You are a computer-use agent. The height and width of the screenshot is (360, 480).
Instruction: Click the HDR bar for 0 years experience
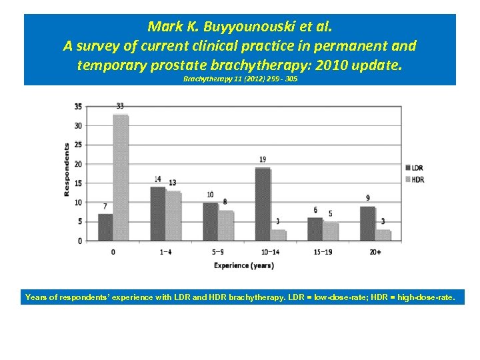tap(121, 177)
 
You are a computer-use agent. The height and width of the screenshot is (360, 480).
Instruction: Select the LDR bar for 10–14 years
tap(263, 204)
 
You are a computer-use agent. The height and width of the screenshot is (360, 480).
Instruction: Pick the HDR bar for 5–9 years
tap(225, 225)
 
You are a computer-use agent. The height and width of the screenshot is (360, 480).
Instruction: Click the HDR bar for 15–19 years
tap(330, 231)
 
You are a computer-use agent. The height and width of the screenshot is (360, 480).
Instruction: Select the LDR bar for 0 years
tap(105, 227)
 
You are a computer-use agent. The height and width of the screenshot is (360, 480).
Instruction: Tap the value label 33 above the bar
tap(120, 106)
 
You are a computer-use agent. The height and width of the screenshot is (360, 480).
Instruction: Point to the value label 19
tap(263, 159)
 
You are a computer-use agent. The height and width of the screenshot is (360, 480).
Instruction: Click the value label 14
tap(157, 179)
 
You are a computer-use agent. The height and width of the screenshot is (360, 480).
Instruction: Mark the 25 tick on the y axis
tap(78, 145)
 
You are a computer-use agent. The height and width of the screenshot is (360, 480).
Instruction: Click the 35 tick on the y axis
tap(78, 107)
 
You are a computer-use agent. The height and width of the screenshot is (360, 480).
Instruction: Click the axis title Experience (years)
tap(243, 265)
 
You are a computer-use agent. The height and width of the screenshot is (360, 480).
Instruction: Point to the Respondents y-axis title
tap(67, 169)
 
